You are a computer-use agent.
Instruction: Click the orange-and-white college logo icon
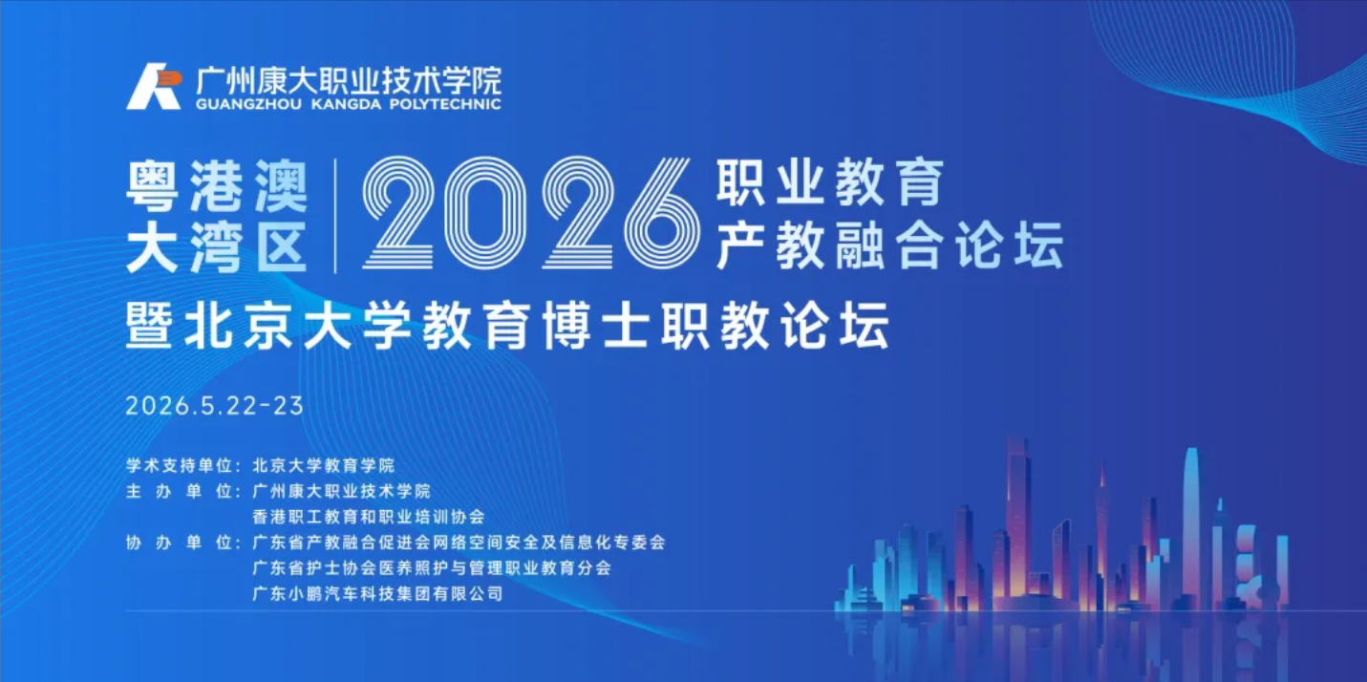[153, 87]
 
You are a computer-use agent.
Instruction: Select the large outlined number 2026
[530, 214]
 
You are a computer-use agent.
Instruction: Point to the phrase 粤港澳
[217, 186]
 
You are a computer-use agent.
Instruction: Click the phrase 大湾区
[217, 245]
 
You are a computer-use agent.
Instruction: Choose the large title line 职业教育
[830, 183]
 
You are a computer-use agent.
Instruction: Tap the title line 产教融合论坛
[889, 245]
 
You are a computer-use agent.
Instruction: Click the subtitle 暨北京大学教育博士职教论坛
[508, 325]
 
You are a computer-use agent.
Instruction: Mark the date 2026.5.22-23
[214, 405]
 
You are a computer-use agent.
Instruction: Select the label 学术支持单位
[182, 465]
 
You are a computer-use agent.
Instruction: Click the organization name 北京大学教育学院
[323, 465]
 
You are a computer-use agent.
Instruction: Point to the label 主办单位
[182, 491]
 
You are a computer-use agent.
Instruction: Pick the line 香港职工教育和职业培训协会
[369, 517]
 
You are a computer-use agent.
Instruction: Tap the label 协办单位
[182, 543]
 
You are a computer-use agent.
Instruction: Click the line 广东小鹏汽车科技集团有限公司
[377, 593]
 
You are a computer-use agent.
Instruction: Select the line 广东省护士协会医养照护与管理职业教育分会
[431, 567]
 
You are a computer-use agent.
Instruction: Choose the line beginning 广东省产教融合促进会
[459, 543]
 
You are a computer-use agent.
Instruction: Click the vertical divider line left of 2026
[335, 216]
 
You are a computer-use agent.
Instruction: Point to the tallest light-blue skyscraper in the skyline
[1190, 516]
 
